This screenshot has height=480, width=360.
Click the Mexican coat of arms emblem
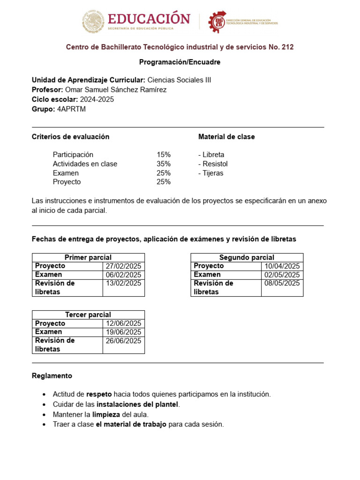pos(93,21)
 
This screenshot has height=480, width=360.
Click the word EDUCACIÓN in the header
pos(149,19)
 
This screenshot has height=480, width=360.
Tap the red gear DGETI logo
pos(217,21)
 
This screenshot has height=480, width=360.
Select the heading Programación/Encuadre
pos(180,62)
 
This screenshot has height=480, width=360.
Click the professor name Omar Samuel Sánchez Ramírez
pos(116,90)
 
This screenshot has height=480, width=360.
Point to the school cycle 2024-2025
pos(97,99)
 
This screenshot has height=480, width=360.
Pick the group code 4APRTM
pos(71,109)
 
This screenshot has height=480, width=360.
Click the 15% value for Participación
pos(164,155)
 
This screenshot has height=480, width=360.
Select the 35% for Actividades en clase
pos(164,164)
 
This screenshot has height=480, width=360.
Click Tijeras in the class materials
pos(212,173)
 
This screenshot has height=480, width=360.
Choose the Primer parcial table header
pos(88,257)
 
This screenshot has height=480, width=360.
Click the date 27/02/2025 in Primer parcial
pos(123,266)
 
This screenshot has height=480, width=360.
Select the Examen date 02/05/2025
pos(282,275)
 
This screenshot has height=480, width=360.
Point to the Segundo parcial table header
pos(247,257)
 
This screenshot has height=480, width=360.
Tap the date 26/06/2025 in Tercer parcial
pos(123,341)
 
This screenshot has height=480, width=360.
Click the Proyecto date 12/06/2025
pos(123,323)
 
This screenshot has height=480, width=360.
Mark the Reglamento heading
pos(52,376)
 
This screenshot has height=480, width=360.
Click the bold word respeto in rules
pos(99,394)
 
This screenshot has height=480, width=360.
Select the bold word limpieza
pos(106,414)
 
